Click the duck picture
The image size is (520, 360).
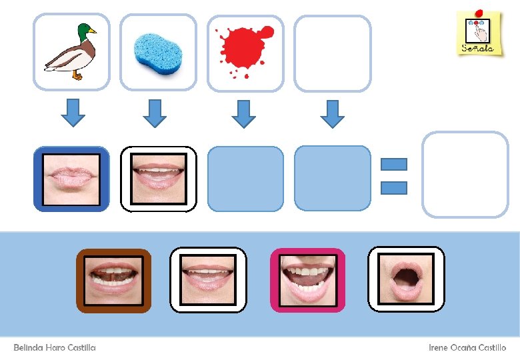(71, 52)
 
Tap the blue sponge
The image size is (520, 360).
(158, 51)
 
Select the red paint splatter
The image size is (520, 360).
(245, 48)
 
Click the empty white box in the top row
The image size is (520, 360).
(332, 53)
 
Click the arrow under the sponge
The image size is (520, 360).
(155, 113)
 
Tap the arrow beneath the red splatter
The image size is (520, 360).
(243, 113)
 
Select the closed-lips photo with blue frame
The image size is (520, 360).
(71, 179)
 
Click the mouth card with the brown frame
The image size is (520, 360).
(114, 280)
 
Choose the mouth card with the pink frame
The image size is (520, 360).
(307, 280)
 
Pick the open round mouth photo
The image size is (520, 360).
(406, 279)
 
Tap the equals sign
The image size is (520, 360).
(394, 176)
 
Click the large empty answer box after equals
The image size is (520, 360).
(465, 175)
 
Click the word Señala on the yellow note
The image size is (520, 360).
(477, 49)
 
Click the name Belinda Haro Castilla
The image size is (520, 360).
(55, 347)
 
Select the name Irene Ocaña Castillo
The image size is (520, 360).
(467, 347)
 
